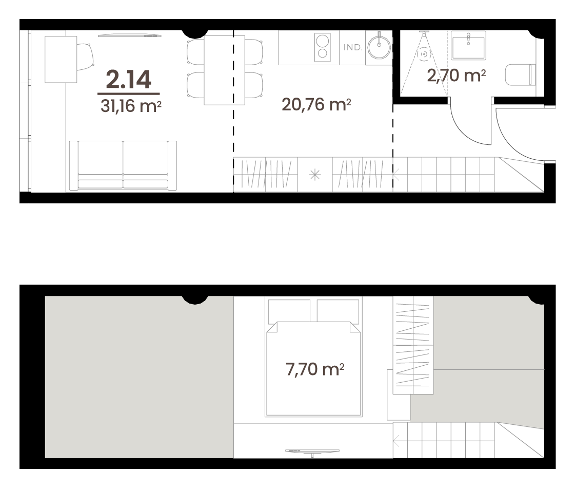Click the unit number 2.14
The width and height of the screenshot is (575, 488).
129,80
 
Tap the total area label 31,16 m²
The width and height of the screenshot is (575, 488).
131,106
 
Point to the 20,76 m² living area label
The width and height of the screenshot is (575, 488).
316,105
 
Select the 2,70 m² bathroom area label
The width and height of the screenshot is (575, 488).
456,76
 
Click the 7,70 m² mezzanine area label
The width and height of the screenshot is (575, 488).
315,369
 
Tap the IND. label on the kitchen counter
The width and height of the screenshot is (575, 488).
353,47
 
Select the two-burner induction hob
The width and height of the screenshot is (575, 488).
323,48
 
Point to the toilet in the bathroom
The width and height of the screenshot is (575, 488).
520,75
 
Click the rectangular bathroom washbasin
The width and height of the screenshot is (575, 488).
469,46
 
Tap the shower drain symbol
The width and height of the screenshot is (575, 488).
424,54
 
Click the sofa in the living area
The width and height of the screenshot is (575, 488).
123,165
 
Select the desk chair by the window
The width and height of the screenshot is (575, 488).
85,57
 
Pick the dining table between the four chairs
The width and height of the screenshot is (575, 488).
225,70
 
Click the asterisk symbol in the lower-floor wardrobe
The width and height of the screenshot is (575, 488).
315,175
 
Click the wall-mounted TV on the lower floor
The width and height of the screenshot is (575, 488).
130,35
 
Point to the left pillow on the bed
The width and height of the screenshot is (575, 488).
289,311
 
